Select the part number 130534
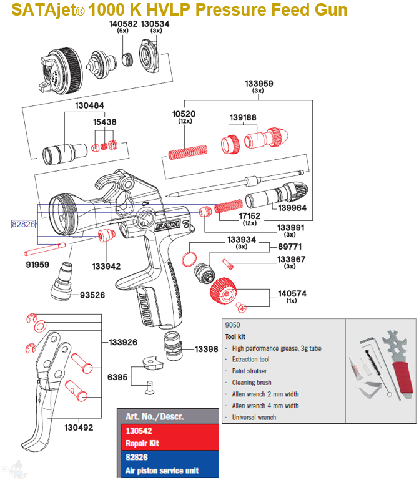[155, 24]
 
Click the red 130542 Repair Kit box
[169, 437]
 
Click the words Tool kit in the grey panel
[235, 336]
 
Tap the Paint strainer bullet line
[250, 371]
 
